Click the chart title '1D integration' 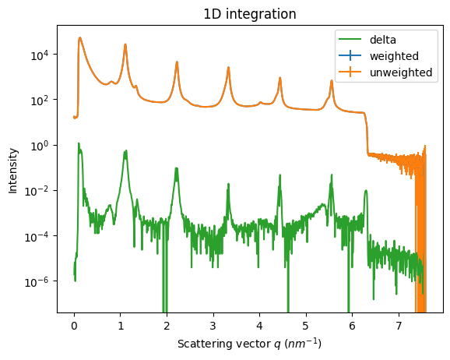click(x=250, y=14)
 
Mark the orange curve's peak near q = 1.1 click(x=125, y=45)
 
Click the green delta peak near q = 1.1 click(x=125, y=152)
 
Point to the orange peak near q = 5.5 click(x=332, y=82)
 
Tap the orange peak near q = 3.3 click(x=228, y=68)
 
